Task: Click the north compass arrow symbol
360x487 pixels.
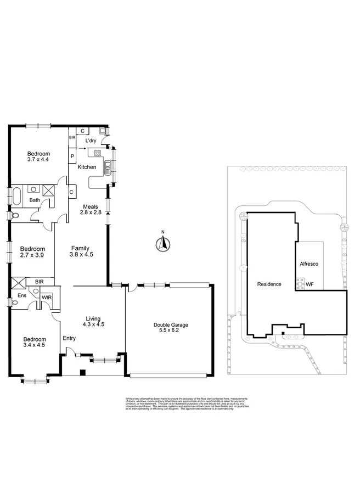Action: [162, 243]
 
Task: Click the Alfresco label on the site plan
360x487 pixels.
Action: [310, 264]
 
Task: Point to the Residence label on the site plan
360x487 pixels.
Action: [269, 284]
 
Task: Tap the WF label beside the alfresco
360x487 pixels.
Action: [310, 284]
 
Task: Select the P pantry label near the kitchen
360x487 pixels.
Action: [72, 156]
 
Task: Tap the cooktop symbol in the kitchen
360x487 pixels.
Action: [98, 153]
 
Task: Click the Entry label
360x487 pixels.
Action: [69, 338]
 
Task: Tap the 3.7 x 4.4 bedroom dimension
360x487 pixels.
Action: [38, 160]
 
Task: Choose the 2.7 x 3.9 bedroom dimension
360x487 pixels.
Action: [31, 255]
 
